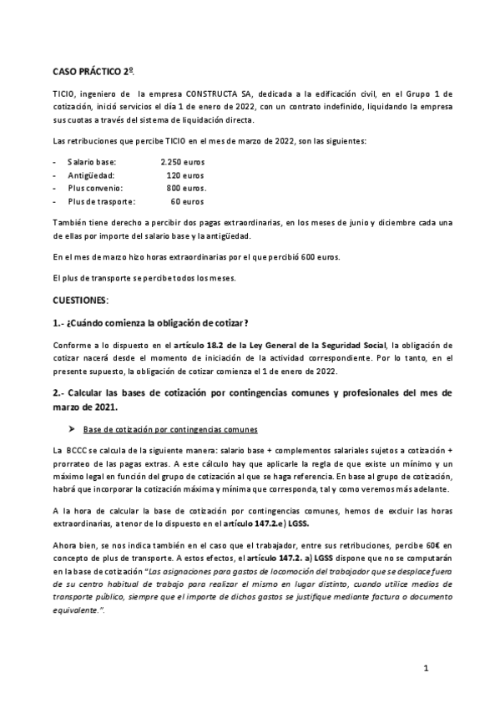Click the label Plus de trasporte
(98, 201)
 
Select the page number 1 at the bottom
(426, 669)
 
